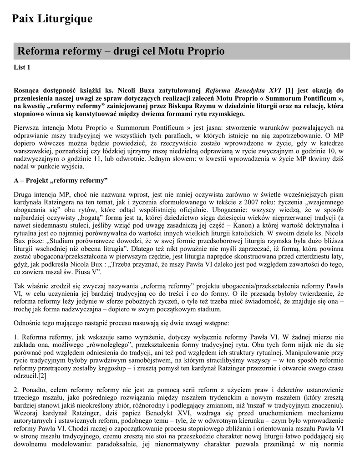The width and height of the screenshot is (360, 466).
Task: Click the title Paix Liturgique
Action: coord(52,19)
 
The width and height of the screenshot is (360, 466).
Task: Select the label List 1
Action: coord(22,68)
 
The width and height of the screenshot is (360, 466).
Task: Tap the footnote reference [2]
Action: coord(42,376)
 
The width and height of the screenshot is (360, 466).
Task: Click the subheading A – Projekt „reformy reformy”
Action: coord(61,180)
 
